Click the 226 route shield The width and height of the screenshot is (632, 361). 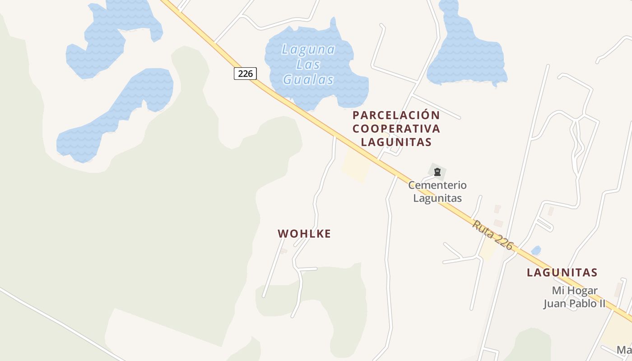pos(245,74)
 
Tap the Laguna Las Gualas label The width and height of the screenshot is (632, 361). pos(308,65)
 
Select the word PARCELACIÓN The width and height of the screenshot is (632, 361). pos(396,115)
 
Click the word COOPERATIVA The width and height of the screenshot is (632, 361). pos(396,129)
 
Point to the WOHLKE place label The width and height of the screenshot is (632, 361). pos(304,234)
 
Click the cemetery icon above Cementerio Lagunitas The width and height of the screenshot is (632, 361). pos(437,172)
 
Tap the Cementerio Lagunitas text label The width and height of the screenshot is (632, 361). pos(437,191)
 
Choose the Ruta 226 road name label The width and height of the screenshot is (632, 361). pos(493,235)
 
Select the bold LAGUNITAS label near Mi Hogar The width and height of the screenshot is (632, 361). pos(562,273)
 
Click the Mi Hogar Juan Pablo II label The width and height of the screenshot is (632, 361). pos(574,297)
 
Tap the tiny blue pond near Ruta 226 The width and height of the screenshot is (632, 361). pos(536,250)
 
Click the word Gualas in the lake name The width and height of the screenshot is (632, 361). pos(308,80)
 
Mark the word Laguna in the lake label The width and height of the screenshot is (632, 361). pos(308,49)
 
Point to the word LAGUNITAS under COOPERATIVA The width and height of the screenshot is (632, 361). pos(396,142)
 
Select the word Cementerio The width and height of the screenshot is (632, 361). pos(437,185)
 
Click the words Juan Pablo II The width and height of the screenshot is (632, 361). pos(574,303)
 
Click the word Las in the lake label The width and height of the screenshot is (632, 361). pos(308,65)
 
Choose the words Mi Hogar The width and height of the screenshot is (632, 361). pos(575,291)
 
